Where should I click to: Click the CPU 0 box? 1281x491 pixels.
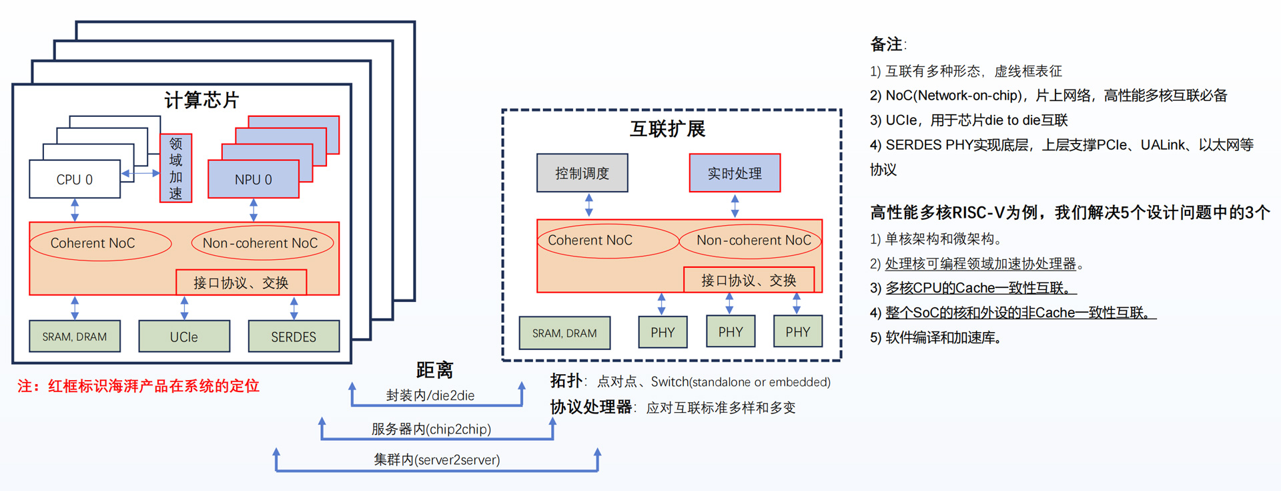click(x=75, y=179)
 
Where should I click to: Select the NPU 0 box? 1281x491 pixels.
click(x=254, y=179)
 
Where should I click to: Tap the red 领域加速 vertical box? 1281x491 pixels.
click(x=175, y=168)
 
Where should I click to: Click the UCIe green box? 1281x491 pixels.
click(x=184, y=337)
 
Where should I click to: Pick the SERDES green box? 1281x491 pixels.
click(x=294, y=337)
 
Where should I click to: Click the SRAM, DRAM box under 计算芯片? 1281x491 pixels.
click(x=75, y=337)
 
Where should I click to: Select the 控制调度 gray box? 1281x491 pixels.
click(x=582, y=173)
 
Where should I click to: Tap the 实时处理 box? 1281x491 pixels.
click(x=735, y=173)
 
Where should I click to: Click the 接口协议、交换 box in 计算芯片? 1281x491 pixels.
click(x=242, y=283)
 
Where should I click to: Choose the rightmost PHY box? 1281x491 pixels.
click(x=798, y=332)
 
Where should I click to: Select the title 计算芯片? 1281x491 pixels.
click(x=201, y=100)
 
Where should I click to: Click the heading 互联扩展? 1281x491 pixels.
click(x=667, y=129)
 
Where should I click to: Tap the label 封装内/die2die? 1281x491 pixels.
click(x=430, y=395)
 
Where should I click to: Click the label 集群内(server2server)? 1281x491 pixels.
click(x=437, y=460)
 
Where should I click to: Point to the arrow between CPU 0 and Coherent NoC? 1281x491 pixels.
click(x=75, y=210)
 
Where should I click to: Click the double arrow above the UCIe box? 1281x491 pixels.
click(x=184, y=308)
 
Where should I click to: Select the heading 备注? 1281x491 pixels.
click(x=887, y=44)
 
